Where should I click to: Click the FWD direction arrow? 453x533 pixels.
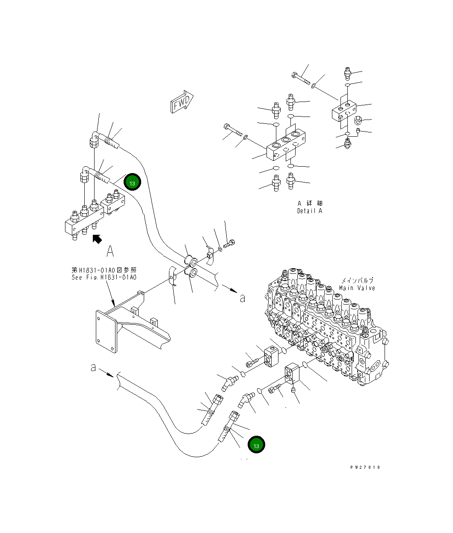182,102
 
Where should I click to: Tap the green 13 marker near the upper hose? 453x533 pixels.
132,183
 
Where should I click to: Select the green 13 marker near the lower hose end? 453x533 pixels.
256,446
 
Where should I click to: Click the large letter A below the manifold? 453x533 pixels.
110,251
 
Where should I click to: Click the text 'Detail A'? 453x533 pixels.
310,211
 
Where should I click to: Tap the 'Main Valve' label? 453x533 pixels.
357,288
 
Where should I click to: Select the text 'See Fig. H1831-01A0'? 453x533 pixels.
104,277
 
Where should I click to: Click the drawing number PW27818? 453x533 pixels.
365,467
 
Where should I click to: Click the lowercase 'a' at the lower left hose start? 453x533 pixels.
93,367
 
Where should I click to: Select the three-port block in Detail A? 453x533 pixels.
287,144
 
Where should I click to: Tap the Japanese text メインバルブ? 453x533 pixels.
357,280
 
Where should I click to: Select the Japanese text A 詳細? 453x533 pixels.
310,203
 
